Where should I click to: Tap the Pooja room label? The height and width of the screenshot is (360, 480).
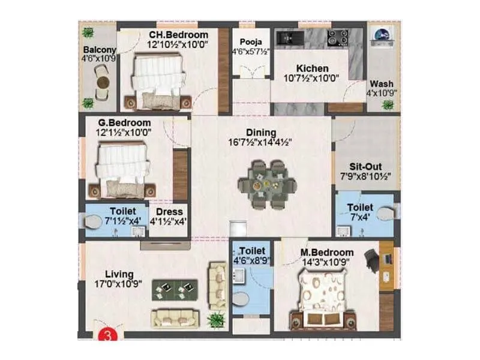tap(250, 42)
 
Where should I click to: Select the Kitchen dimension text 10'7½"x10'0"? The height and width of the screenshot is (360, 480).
tap(312, 77)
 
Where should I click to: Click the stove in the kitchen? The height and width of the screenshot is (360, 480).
tap(335, 38)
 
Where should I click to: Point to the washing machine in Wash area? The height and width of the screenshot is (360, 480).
tap(380, 36)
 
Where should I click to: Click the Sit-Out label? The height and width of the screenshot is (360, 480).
tap(365, 167)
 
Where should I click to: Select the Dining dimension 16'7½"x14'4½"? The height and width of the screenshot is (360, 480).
tap(261, 143)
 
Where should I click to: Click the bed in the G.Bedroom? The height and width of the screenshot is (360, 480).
tap(122, 170)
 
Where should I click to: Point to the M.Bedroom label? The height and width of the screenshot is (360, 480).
tap(327, 253)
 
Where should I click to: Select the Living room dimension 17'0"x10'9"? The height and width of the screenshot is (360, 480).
tap(118, 284)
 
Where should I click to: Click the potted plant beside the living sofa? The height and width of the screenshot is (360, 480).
tap(215, 319)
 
